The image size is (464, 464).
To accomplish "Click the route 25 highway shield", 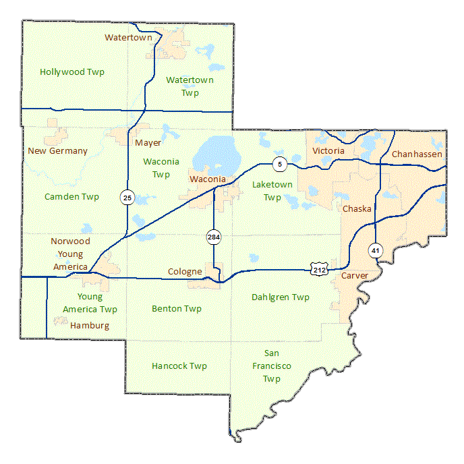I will [127, 197].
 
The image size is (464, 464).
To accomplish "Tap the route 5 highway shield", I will [279, 163].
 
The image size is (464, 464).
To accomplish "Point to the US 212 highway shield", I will [319, 269].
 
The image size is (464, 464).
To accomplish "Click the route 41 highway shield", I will [375, 251].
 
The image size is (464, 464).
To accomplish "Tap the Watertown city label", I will [128, 38].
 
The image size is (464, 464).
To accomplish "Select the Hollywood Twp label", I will [72, 71].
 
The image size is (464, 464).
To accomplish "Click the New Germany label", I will [57, 151].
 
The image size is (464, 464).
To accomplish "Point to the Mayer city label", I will [148, 143].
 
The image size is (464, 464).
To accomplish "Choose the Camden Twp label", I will [71, 197].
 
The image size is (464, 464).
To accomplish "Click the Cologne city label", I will [185, 272].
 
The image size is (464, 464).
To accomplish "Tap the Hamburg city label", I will [89, 326].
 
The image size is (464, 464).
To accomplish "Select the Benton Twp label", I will [177, 309].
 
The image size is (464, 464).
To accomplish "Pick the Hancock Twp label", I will [179, 366].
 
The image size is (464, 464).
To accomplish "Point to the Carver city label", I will [355, 277].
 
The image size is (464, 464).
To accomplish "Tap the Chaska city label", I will [357, 209].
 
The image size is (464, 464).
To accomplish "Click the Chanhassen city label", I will [417, 154].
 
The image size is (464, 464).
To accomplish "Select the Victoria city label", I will [328, 151].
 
